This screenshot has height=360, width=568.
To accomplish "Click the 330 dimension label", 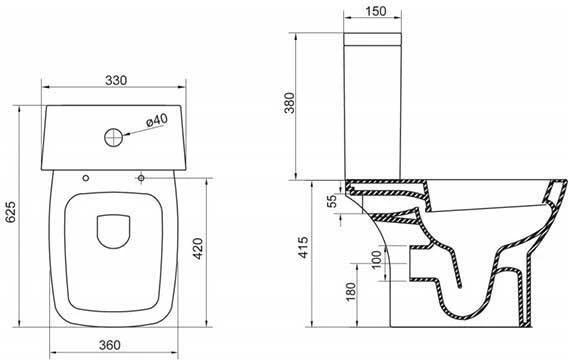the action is tap(116, 80).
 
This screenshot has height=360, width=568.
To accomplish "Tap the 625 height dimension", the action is tap(11, 212).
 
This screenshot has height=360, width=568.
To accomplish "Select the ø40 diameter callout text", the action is tap(157, 120).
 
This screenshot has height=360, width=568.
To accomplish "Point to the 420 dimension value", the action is tap(198, 248).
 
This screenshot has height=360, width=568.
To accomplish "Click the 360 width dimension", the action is tap(109, 345).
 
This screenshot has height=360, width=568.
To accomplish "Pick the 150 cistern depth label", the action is tap(375, 11).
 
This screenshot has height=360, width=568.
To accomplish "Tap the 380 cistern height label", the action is tap(290, 103).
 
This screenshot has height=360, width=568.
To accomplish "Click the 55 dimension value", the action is tap(331, 201).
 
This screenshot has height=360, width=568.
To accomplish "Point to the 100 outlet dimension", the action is tap(377, 259).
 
